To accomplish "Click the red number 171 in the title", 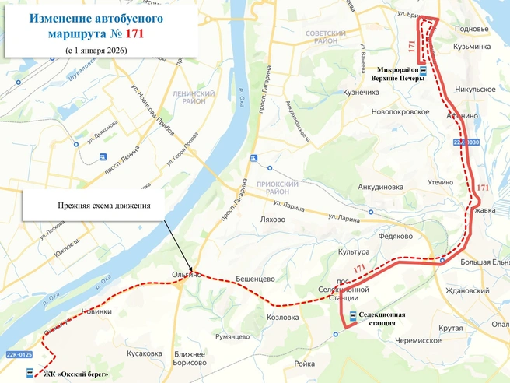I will click(x=131, y=34).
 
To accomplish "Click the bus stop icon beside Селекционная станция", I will click(x=354, y=317).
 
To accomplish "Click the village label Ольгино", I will click(x=187, y=275).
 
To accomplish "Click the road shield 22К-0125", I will click(x=21, y=356).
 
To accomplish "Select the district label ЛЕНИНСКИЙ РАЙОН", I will click(x=187, y=97).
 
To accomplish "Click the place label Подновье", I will click(x=471, y=29).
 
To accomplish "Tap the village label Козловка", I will click(x=282, y=318).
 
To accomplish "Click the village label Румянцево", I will click(x=232, y=336).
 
